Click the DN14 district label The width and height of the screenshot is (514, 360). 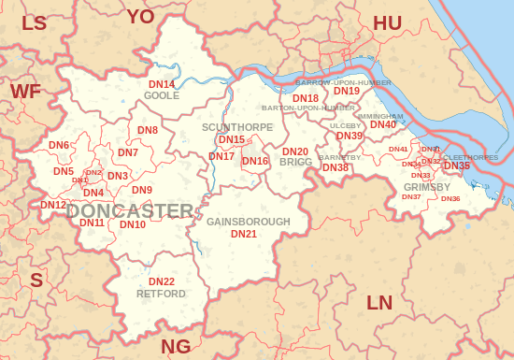[x=162, y=85]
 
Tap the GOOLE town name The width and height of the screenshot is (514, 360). [x=162, y=96]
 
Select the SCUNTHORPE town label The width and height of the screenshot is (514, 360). [x=237, y=127]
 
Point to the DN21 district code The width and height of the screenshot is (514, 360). [x=244, y=234]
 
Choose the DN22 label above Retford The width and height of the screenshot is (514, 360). [x=162, y=281]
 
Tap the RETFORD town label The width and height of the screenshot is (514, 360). [x=161, y=294]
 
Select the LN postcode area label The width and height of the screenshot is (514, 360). [x=379, y=303]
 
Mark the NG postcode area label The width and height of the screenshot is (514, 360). [x=176, y=347]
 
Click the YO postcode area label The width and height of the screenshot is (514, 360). [x=140, y=16]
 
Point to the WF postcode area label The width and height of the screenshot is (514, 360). [x=25, y=91]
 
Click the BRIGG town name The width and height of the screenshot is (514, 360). [x=295, y=163]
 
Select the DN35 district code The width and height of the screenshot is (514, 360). [x=457, y=166]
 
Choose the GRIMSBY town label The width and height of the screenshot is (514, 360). [x=428, y=187]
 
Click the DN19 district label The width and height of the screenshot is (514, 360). [x=347, y=91]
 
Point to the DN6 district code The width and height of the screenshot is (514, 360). [x=59, y=146]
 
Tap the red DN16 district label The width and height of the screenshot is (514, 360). [x=255, y=161]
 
